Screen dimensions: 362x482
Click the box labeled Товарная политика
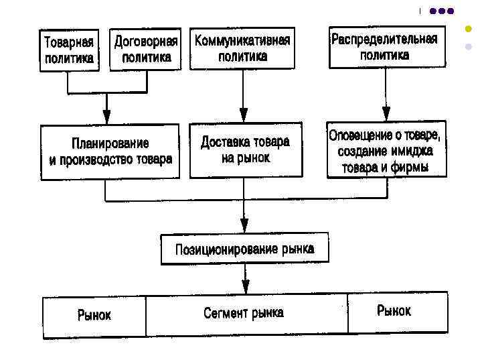pos(69,50)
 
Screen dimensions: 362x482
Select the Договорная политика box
pos(147,50)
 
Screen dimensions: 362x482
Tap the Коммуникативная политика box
pos(242,48)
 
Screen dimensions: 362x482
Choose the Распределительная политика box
pos(384,47)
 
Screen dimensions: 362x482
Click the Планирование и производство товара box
pos(110,151)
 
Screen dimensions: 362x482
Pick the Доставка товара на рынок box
pos(245,149)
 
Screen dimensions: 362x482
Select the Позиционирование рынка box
pos(244,249)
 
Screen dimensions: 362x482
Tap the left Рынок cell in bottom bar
pos(94,314)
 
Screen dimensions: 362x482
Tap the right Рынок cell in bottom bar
pos(394,310)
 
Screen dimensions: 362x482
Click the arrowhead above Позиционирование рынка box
pos(244,226)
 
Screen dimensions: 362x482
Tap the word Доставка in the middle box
pos(225,142)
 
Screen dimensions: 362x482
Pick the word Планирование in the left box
pos(110,143)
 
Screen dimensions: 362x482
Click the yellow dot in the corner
pos(469,30)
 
